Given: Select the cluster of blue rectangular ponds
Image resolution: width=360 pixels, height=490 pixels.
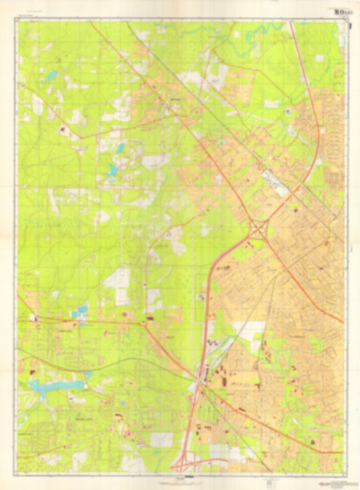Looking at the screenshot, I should pyautogui.click(x=81, y=312).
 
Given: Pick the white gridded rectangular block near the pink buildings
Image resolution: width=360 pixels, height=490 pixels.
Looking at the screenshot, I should pyautogui.click(x=161, y=439).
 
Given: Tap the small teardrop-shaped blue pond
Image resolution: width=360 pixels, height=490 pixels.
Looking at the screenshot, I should pyautogui.click(x=120, y=148).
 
